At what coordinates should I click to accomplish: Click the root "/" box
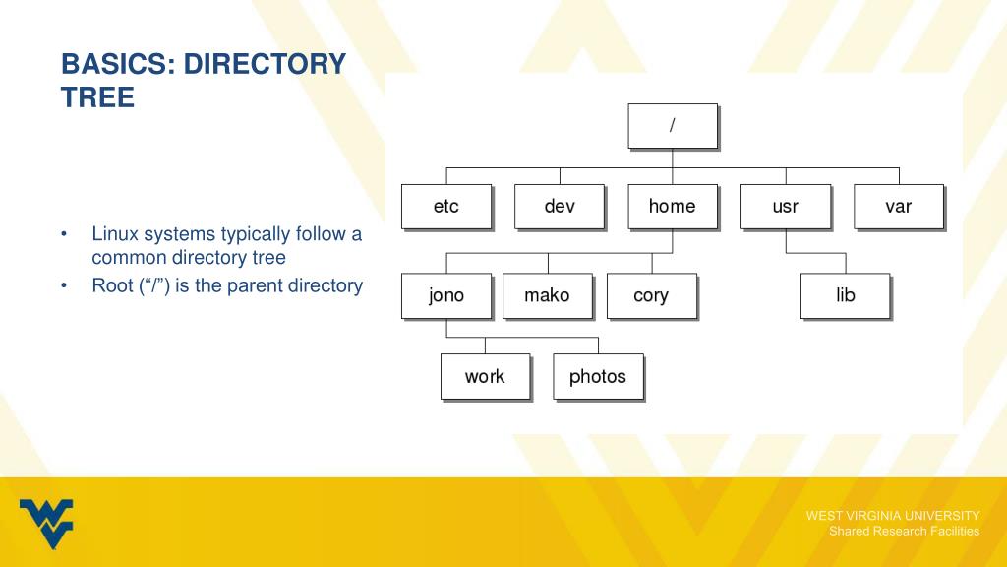click(x=673, y=126)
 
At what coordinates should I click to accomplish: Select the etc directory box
click(x=446, y=207)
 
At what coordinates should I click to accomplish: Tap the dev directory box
click(x=560, y=207)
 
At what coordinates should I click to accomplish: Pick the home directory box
click(x=673, y=207)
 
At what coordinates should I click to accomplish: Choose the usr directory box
click(x=786, y=207)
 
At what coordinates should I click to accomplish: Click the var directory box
click(x=899, y=207)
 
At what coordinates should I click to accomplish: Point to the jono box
click(x=446, y=296)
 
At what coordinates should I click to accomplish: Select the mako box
click(x=547, y=296)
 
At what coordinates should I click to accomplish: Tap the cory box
click(x=651, y=296)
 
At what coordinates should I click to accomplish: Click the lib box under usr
click(x=846, y=296)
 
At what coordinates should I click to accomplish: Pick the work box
click(x=485, y=377)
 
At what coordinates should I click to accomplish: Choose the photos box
click(x=598, y=377)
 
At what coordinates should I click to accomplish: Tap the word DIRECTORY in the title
click(x=266, y=65)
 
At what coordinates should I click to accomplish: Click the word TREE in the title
click(x=97, y=98)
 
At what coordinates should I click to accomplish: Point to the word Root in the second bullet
click(x=112, y=286)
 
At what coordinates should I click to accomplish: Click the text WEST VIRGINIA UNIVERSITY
click(x=893, y=516)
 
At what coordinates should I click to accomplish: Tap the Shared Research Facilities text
click(x=905, y=532)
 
